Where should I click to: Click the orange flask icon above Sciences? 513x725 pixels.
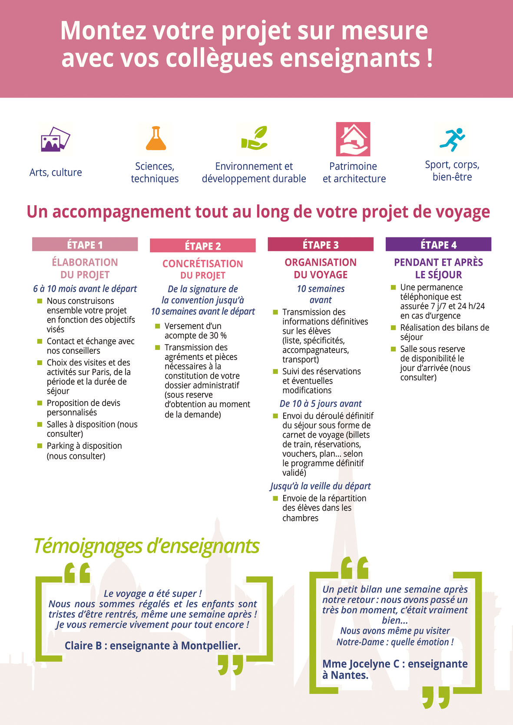[156, 138]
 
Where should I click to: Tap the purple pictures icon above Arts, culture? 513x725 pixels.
[55, 139]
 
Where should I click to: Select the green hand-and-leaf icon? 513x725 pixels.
[254, 138]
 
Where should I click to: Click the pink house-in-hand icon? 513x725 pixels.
[353, 139]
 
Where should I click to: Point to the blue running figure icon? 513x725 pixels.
[452, 139]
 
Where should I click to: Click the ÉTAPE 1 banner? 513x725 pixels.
[85, 244]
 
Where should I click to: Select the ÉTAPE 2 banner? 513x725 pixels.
[202, 246]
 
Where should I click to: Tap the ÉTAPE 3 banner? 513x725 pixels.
[321, 244]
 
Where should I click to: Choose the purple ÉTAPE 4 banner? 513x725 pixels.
[438, 244]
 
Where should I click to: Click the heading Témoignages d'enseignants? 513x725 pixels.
[146, 546]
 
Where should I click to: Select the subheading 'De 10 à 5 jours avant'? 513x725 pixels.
[321, 404]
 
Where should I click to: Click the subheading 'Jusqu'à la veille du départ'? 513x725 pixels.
[321, 486]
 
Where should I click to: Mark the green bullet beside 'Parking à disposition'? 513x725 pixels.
[40, 445]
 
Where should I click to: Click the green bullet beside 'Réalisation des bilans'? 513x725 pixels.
[393, 327]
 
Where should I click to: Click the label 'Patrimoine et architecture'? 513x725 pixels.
[354, 172]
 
